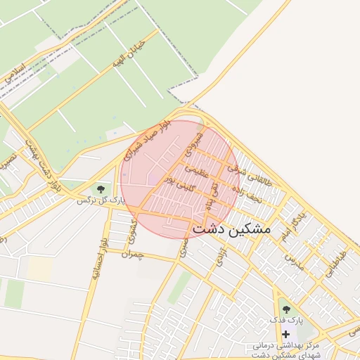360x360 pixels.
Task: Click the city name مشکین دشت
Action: coord(231,229)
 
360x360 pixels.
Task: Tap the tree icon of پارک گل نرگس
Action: coord(101,188)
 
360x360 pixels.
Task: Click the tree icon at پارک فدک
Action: coord(285,308)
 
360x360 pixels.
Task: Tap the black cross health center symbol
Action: coord(285,333)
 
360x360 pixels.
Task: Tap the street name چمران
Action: coord(131,254)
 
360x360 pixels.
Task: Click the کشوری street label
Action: coord(131,234)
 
